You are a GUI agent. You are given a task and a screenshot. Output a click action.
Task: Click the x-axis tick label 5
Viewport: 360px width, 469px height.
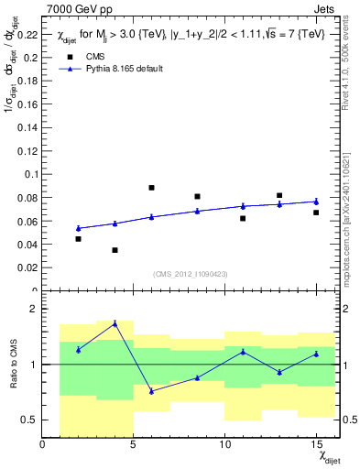[133, 445]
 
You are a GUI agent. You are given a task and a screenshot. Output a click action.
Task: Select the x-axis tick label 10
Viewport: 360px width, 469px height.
[224, 445]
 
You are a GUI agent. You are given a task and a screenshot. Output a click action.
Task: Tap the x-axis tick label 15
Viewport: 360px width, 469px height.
[315, 445]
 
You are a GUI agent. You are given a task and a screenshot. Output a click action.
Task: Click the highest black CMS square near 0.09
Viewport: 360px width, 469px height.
[151, 188]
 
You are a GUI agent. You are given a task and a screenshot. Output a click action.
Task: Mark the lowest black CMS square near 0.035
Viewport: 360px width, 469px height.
[115, 250]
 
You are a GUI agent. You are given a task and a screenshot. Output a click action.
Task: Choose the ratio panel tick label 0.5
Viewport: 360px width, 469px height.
[30, 420]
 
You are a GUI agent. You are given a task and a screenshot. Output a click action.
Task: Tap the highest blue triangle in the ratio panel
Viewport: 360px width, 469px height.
[115, 323]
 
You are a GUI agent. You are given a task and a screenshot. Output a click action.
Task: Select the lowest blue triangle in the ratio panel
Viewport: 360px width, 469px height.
[151, 391]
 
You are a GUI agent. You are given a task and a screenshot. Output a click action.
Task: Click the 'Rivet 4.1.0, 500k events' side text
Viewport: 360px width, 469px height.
[350, 55]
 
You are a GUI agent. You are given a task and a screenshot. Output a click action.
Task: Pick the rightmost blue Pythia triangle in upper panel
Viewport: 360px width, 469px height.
[315, 202]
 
